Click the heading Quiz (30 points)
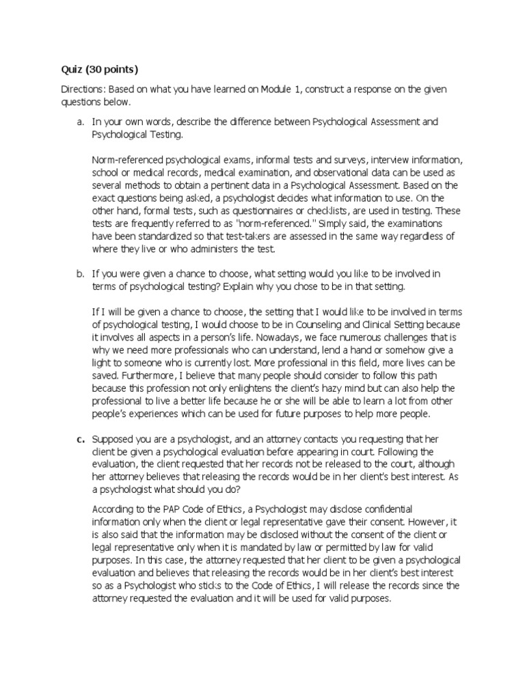(99, 70)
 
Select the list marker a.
(80, 121)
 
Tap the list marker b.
(80, 273)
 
